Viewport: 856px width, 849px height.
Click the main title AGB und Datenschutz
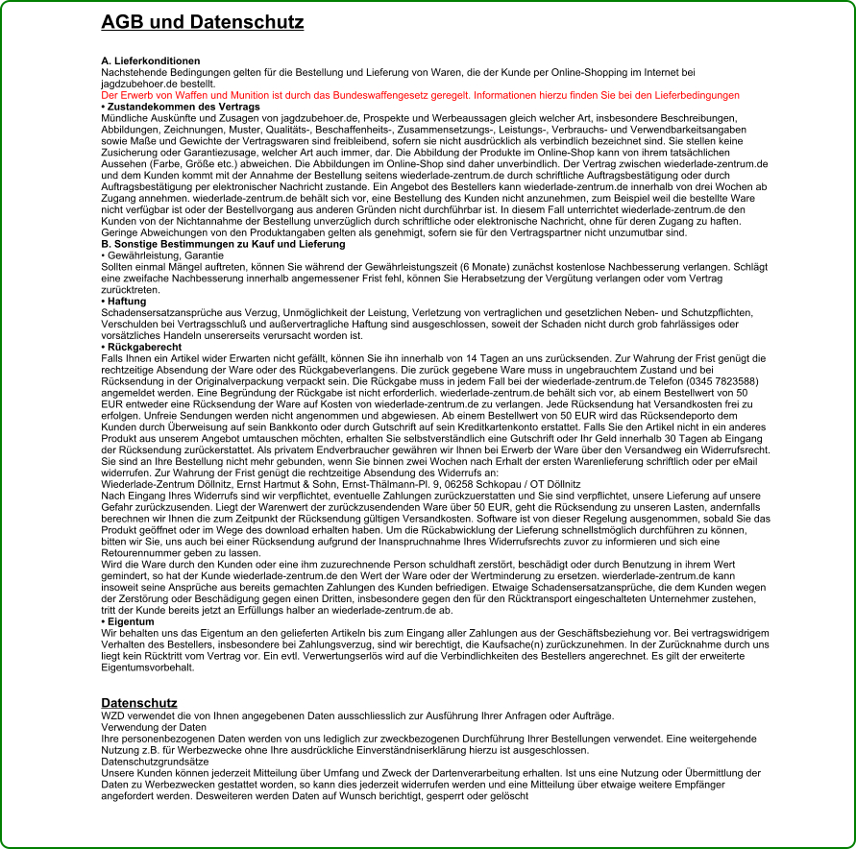tap(197, 21)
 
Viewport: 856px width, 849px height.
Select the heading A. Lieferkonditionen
tap(151, 61)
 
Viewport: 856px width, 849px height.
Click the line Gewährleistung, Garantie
tap(155, 255)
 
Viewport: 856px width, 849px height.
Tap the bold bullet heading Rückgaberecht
tap(140, 346)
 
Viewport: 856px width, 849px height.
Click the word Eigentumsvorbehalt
tap(149, 667)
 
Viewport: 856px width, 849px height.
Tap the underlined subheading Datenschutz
tap(139, 703)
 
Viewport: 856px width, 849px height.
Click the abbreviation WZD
tap(113, 716)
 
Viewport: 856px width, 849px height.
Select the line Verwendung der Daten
tap(147, 728)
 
